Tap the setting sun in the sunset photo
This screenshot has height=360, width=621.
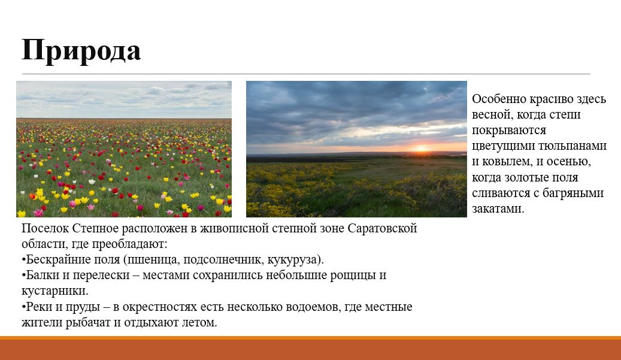coord(421,149)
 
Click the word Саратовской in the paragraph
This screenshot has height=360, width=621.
coord(382,228)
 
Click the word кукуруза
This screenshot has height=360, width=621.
coord(295,260)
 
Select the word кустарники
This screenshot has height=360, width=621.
coord(55,291)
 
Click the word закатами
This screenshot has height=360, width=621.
coord(498,208)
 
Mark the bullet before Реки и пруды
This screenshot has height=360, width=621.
coord(23,307)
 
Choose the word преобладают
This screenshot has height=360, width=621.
coord(129,244)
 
